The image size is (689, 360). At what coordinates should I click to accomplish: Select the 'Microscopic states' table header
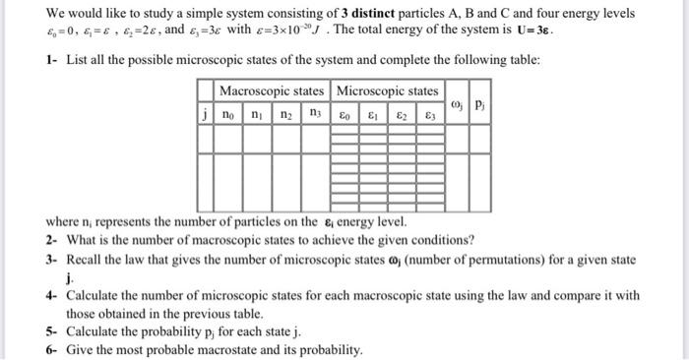pyautogui.click(x=388, y=90)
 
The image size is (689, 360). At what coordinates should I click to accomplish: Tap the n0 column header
pyautogui.click(x=228, y=114)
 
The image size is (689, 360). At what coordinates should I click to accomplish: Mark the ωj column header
pyautogui.click(x=456, y=102)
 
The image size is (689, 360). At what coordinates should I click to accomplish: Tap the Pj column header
pyautogui.click(x=478, y=102)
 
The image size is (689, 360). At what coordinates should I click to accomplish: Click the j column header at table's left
pyautogui.click(x=204, y=114)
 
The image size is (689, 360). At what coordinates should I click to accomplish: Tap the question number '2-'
pyautogui.click(x=51, y=239)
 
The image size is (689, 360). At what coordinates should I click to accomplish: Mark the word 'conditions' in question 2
pyautogui.click(x=443, y=239)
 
